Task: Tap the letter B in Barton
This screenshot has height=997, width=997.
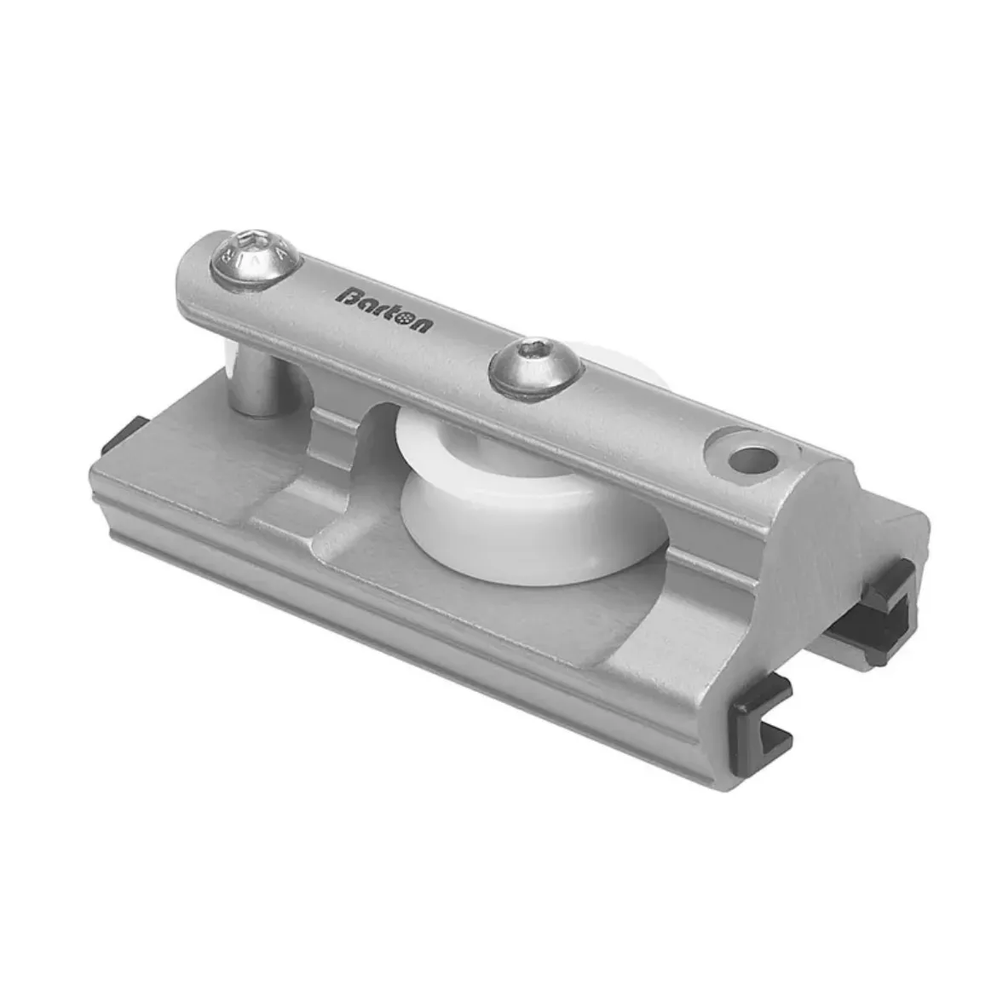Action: tap(348, 295)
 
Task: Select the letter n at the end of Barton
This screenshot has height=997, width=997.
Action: tap(422, 324)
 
